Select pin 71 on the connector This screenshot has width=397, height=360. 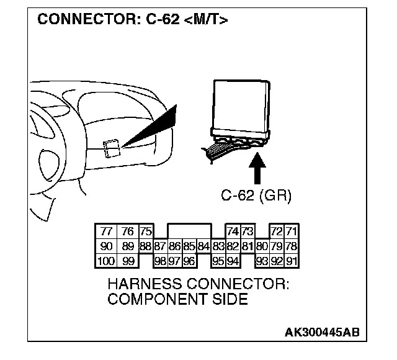coord(292,232)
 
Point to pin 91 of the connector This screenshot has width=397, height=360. coord(292,260)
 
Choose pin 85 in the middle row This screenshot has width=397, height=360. coord(189,246)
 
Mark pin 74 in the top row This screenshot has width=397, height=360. coord(233,232)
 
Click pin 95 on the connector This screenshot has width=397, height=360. coord(218,260)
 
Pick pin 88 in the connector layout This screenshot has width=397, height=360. coord(146,246)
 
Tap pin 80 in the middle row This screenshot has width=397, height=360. coord(262,246)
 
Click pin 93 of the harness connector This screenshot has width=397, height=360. coord(262,260)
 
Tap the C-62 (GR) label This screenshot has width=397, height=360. coord(256,196)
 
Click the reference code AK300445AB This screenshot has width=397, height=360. coord(321,333)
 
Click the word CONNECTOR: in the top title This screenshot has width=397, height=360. coord(81,20)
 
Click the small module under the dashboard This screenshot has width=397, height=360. coord(112,148)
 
